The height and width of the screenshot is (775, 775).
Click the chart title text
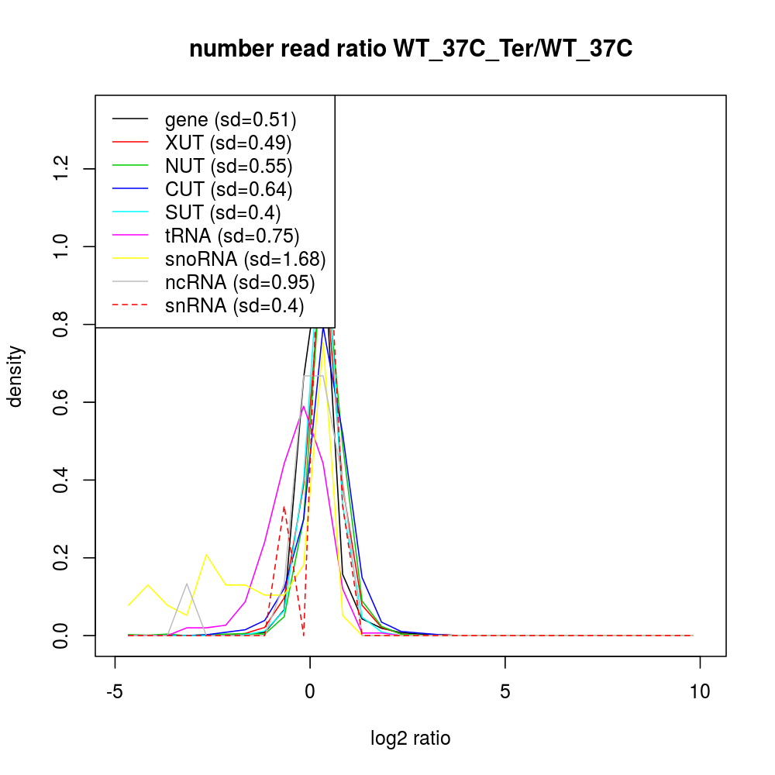coord(411,49)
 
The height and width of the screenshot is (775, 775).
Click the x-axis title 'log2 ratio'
coord(411,738)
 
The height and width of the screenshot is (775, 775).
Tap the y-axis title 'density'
coord(15,376)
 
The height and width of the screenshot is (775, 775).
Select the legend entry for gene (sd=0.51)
coord(230,119)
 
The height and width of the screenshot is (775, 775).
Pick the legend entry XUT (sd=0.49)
coord(228,143)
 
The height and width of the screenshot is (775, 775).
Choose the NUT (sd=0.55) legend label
coord(229,166)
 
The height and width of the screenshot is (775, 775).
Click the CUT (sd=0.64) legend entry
coord(229,189)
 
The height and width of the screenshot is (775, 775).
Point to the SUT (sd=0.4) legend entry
coord(223,212)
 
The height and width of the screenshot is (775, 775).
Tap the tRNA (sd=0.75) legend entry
coord(232,236)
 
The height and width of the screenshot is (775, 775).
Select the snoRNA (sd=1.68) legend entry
coord(245,259)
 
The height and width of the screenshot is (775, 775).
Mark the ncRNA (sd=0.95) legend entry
coord(239,282)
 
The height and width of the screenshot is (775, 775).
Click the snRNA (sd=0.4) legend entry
coord(234,305)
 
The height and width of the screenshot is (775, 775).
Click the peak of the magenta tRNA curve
coord(303,406)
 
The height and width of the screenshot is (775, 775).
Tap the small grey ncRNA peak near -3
coord(187,584)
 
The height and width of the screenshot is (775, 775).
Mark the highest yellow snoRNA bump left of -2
coord(206,555)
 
